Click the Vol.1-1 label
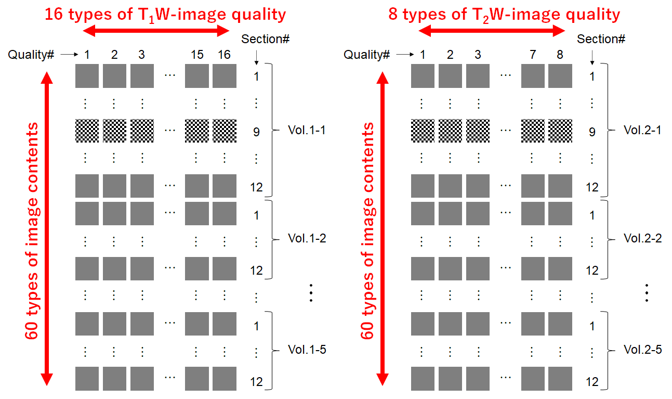click(307, 130)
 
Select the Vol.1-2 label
click(307, 238)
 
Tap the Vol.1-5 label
click(307, 350)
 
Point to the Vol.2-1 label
click(642, 130)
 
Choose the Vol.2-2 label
click(642, 238)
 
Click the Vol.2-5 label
click(642, 350)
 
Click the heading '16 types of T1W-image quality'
click(165, 14)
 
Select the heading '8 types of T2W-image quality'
click(504, 14)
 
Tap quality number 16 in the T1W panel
click(224, 55)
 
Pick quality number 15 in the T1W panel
click(197, 55)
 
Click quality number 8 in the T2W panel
click(560, 55)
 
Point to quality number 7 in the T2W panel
click(533, 55)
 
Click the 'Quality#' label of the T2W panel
click(367, 55)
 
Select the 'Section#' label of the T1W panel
click(265, 39)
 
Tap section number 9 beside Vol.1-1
click(256, 132)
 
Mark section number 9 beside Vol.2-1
click(592, 132)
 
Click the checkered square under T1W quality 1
click(87, 131)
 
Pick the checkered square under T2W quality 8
click(560, 131)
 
